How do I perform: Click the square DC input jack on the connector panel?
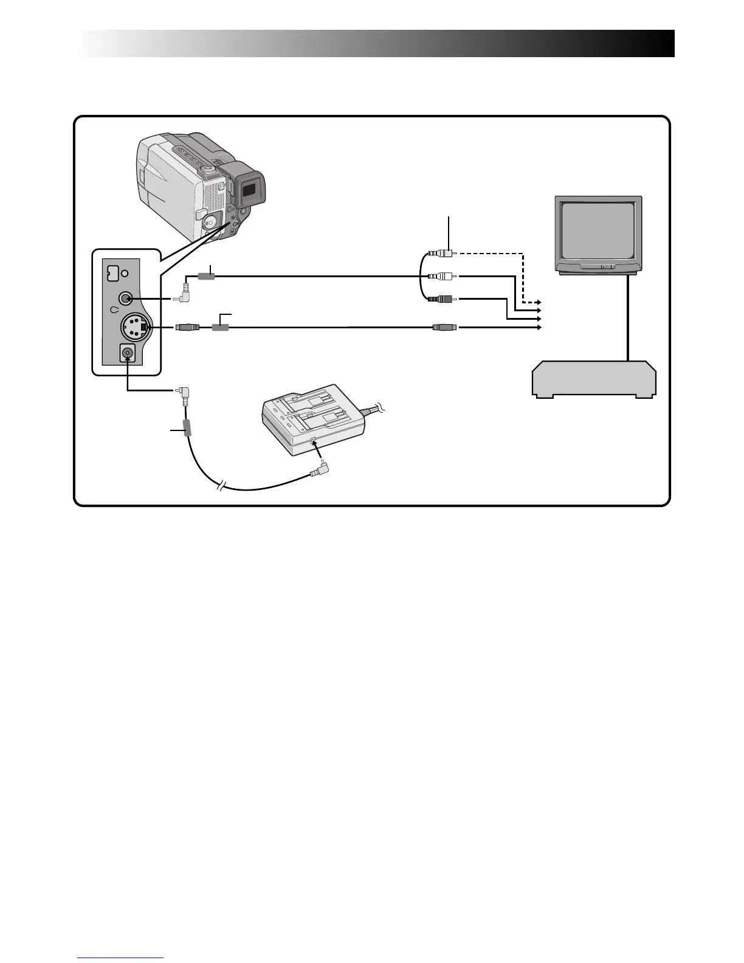(x=128, y=353)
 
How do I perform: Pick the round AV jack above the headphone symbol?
(x=126, y=299)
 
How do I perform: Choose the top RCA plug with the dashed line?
(x=442, y=253)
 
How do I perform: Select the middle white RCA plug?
(x=442, y=276)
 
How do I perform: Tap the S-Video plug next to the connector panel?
(x=187, y=327)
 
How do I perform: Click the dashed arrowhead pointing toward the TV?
(x=537, y=302)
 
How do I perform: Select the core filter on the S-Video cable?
(x=220, y=327)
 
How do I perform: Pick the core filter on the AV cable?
(x=207, y=276)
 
